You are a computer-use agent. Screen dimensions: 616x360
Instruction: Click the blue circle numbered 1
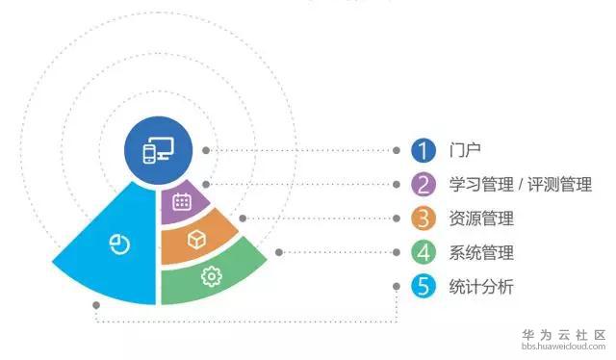click(423, 151)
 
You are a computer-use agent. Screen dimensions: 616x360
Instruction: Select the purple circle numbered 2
click(423, 184)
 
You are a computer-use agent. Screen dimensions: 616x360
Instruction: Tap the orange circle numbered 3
click(423, 219)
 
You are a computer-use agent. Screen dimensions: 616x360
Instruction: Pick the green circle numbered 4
click(423, 252)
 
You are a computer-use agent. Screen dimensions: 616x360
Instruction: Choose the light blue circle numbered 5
click(423, 286)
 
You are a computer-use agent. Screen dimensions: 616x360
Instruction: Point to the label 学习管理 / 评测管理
click(520, 184)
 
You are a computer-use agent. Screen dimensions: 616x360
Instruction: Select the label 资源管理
click(480, 219)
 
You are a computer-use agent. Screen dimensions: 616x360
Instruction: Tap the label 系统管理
click(480, 253)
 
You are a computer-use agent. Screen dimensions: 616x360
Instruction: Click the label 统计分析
click(480, 287)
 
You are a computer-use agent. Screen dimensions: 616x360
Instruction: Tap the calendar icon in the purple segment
click(180, 201)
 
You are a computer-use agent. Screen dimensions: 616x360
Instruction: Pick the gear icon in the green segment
click(209, 277)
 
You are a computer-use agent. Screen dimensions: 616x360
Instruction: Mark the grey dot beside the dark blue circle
click(206, 151)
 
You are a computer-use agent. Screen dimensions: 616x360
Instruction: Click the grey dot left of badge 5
click(397, 286)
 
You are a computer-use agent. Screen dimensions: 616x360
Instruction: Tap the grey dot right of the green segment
click(279, 252)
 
